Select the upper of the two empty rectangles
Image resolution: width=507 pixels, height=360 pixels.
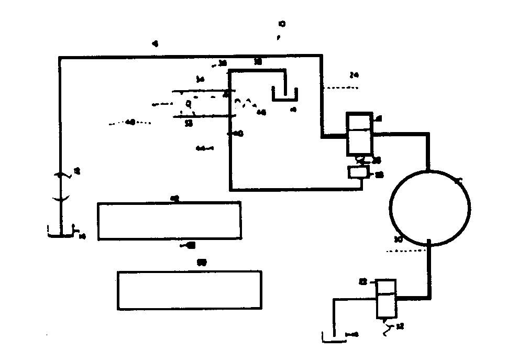tap(169, 221)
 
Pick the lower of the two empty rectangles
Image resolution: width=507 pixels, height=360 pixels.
tap(189, 290)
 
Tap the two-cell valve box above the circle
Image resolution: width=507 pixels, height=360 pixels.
tap(359, 134)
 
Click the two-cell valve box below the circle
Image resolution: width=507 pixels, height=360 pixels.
tap(387, 298)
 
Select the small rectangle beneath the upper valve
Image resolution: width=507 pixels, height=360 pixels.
tap(358, 172)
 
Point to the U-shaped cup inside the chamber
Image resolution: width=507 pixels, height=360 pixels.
tap(284, 95)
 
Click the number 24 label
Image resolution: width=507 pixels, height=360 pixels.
tap(354, 75)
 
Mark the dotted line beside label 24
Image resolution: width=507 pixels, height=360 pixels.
tap(341, 88)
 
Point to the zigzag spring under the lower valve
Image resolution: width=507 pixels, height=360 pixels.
tap(388, 329)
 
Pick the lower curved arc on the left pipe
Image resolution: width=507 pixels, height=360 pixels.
tap(61, 198)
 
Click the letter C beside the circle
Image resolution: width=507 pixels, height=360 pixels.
tap(460, 181)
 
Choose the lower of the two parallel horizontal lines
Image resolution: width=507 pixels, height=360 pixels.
tap(207, 116)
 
